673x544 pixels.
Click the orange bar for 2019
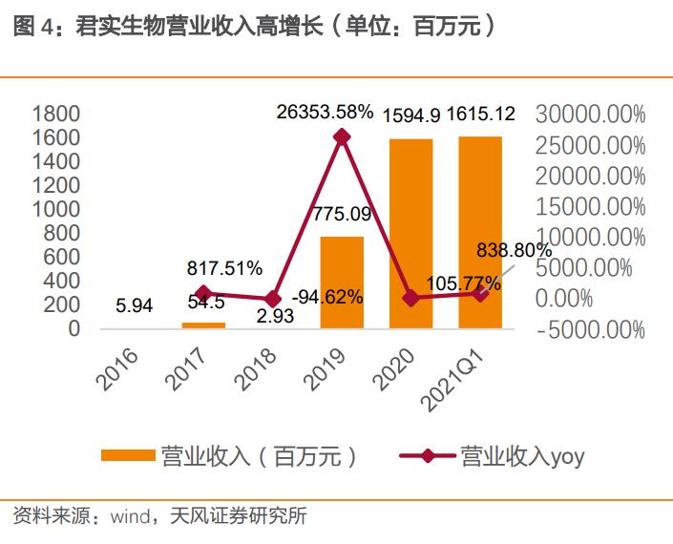342,282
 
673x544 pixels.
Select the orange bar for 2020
410,234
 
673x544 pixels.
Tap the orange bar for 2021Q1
480,233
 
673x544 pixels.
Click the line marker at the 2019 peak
342,137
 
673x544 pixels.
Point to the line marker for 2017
202,293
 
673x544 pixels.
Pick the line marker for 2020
410,298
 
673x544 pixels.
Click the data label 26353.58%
326,112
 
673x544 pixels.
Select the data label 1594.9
411,115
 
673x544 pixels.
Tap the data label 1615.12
481,115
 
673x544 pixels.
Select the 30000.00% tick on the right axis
591,115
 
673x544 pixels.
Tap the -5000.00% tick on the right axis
591,330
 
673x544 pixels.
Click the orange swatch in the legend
127,456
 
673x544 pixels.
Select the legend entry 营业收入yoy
521,456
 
